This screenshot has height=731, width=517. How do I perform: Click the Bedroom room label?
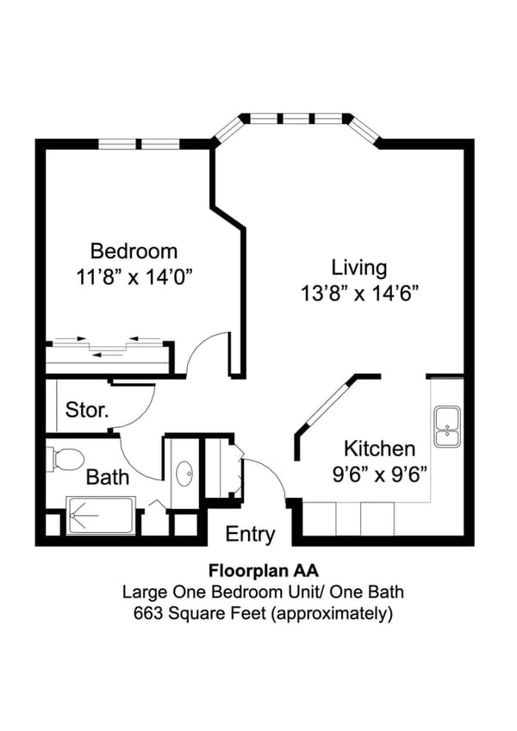[134, 251]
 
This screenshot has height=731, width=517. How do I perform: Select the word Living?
[359, 267]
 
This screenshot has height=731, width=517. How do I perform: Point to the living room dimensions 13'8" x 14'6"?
[359, 293]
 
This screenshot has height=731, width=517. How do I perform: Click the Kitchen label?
[379, 449]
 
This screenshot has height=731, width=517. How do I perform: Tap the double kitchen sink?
[446, 426]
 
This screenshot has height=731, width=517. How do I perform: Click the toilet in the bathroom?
[65, 458]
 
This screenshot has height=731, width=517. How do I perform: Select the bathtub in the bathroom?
[99, 516]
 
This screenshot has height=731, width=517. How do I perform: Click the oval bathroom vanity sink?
[184, 474]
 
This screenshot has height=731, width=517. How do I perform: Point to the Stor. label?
[87, 410]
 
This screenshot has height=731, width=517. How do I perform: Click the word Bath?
[108, 477]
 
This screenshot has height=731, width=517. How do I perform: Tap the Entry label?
[250, 534]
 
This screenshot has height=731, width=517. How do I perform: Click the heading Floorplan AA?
[256, 570]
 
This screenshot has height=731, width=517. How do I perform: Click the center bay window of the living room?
[296, 118]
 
